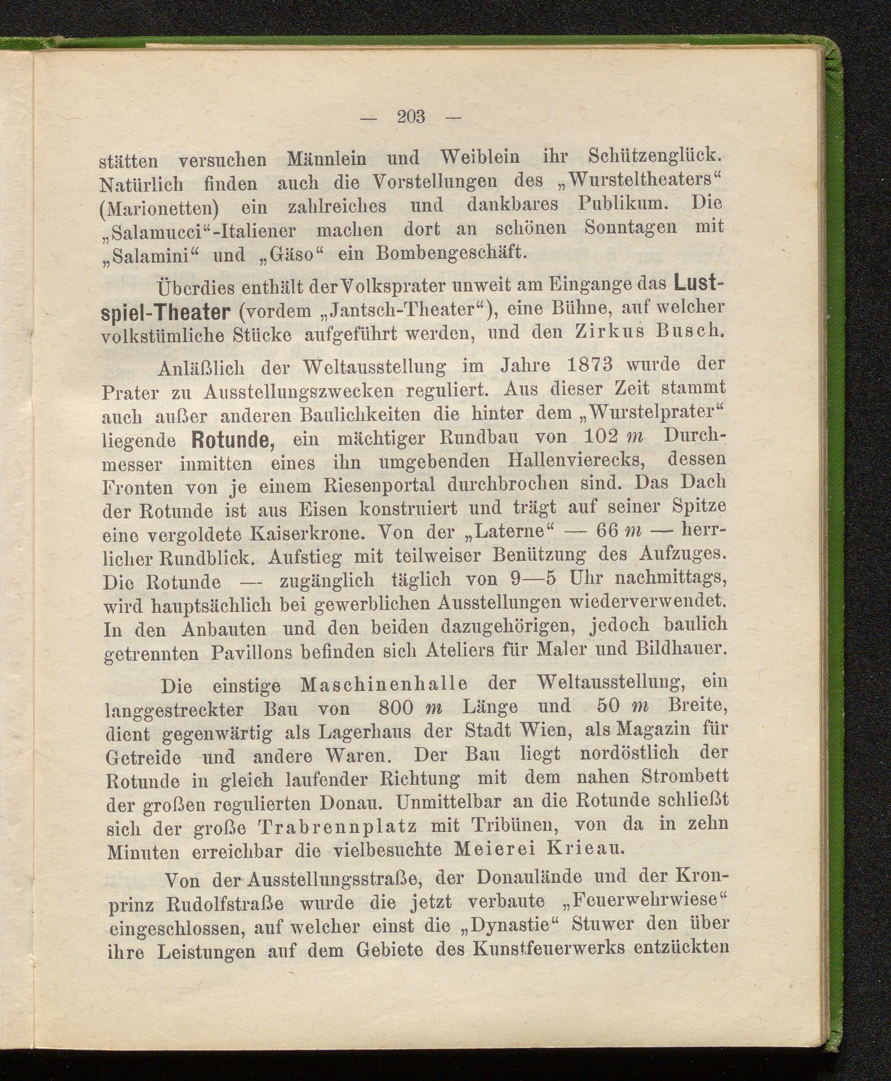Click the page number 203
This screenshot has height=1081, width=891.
pos(412,117)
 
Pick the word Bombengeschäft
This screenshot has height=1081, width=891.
pos(452,253)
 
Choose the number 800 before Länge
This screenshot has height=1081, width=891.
pos(395,708)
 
